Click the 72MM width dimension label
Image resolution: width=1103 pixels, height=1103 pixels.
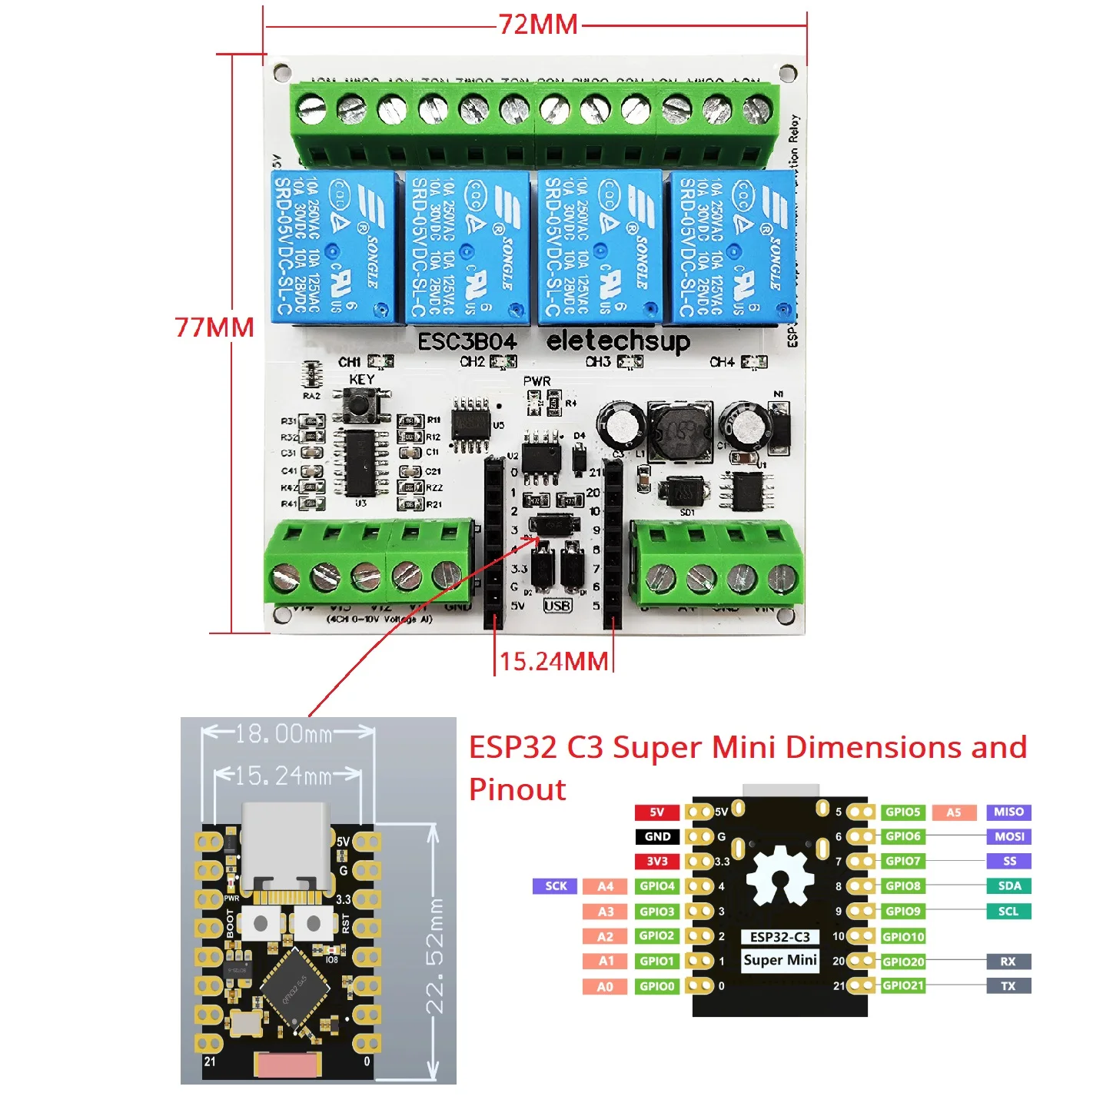tap(538, 25)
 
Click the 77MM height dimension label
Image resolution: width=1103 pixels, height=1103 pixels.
tap(214, 327)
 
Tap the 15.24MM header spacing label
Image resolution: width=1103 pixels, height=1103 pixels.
tap(553, 661)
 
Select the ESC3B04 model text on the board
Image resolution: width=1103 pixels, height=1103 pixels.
tap(467, 341)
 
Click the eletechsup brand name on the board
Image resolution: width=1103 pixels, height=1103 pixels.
tap(618, 341)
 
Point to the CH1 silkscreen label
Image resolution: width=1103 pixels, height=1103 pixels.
tap(350, 361)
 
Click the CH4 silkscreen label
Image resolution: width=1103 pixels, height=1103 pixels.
tap(722, 361)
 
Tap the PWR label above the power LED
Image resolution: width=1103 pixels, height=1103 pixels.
tap(537, 381)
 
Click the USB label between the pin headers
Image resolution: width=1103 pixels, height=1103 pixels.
tap(557, 606)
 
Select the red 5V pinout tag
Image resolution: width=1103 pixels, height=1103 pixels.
tap(657, 812)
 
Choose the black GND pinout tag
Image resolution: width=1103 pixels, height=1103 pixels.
tap(657, 836)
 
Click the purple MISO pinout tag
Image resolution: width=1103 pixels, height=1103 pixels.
tap(1008, 812)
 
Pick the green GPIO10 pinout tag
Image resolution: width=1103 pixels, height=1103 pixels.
tap(903, 936)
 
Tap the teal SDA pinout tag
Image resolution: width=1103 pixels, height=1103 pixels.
tap(1009, 886)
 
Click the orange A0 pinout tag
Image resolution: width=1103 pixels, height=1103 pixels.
tap(606, 986)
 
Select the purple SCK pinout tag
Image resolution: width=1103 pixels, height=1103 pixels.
tap(556, 886)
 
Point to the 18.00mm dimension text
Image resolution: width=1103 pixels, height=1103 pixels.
tap(284, 734)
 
